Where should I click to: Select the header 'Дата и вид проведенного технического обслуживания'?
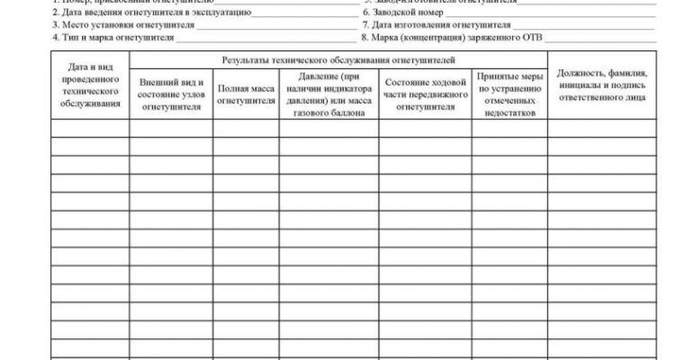90,85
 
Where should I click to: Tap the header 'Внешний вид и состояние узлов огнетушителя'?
171,94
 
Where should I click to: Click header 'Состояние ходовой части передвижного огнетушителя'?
425,94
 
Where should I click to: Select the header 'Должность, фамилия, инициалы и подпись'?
601,85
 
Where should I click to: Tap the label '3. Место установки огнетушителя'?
123,26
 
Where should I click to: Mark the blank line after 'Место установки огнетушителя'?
275,28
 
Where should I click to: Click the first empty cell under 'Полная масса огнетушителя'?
246,128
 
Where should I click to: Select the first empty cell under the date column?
90,128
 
